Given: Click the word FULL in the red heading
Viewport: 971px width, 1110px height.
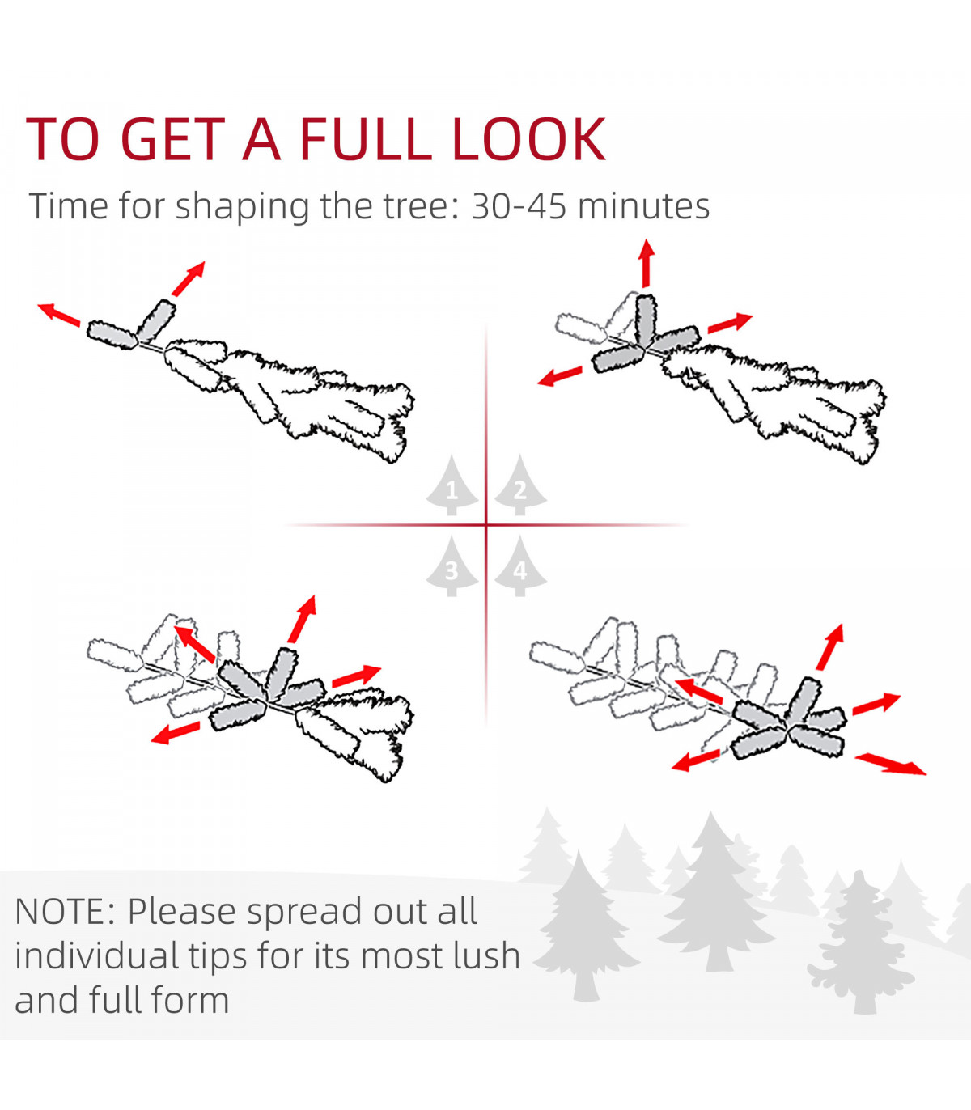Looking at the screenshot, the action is coord(367,139).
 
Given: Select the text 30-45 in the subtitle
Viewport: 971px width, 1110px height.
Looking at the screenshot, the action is coord(519,206).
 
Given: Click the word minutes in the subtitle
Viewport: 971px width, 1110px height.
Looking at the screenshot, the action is coord(643,206).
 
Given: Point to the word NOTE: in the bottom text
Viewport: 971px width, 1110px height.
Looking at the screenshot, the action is coord(65,911).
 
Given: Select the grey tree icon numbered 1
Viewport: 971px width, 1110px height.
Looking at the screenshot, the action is coord(452,485).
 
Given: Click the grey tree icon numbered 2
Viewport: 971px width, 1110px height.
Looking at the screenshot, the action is coord(520,485).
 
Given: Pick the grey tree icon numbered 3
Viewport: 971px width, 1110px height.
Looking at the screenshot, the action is coord(452,566).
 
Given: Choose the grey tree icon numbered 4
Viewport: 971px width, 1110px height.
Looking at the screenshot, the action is coord(520,566).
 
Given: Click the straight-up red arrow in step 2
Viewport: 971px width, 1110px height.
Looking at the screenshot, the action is coord(646,263).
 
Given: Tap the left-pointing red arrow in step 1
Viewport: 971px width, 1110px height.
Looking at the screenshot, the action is coord(58,315).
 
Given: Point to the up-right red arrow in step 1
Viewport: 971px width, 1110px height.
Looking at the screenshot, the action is coord(189,278).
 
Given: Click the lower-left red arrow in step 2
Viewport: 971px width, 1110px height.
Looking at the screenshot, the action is coord(559,376).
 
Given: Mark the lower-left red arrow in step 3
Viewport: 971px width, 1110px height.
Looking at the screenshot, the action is coord(176,733).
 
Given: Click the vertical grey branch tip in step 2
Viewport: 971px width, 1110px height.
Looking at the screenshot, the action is coord(645,320).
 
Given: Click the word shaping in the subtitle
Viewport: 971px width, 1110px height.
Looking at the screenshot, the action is coord(241,207).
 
